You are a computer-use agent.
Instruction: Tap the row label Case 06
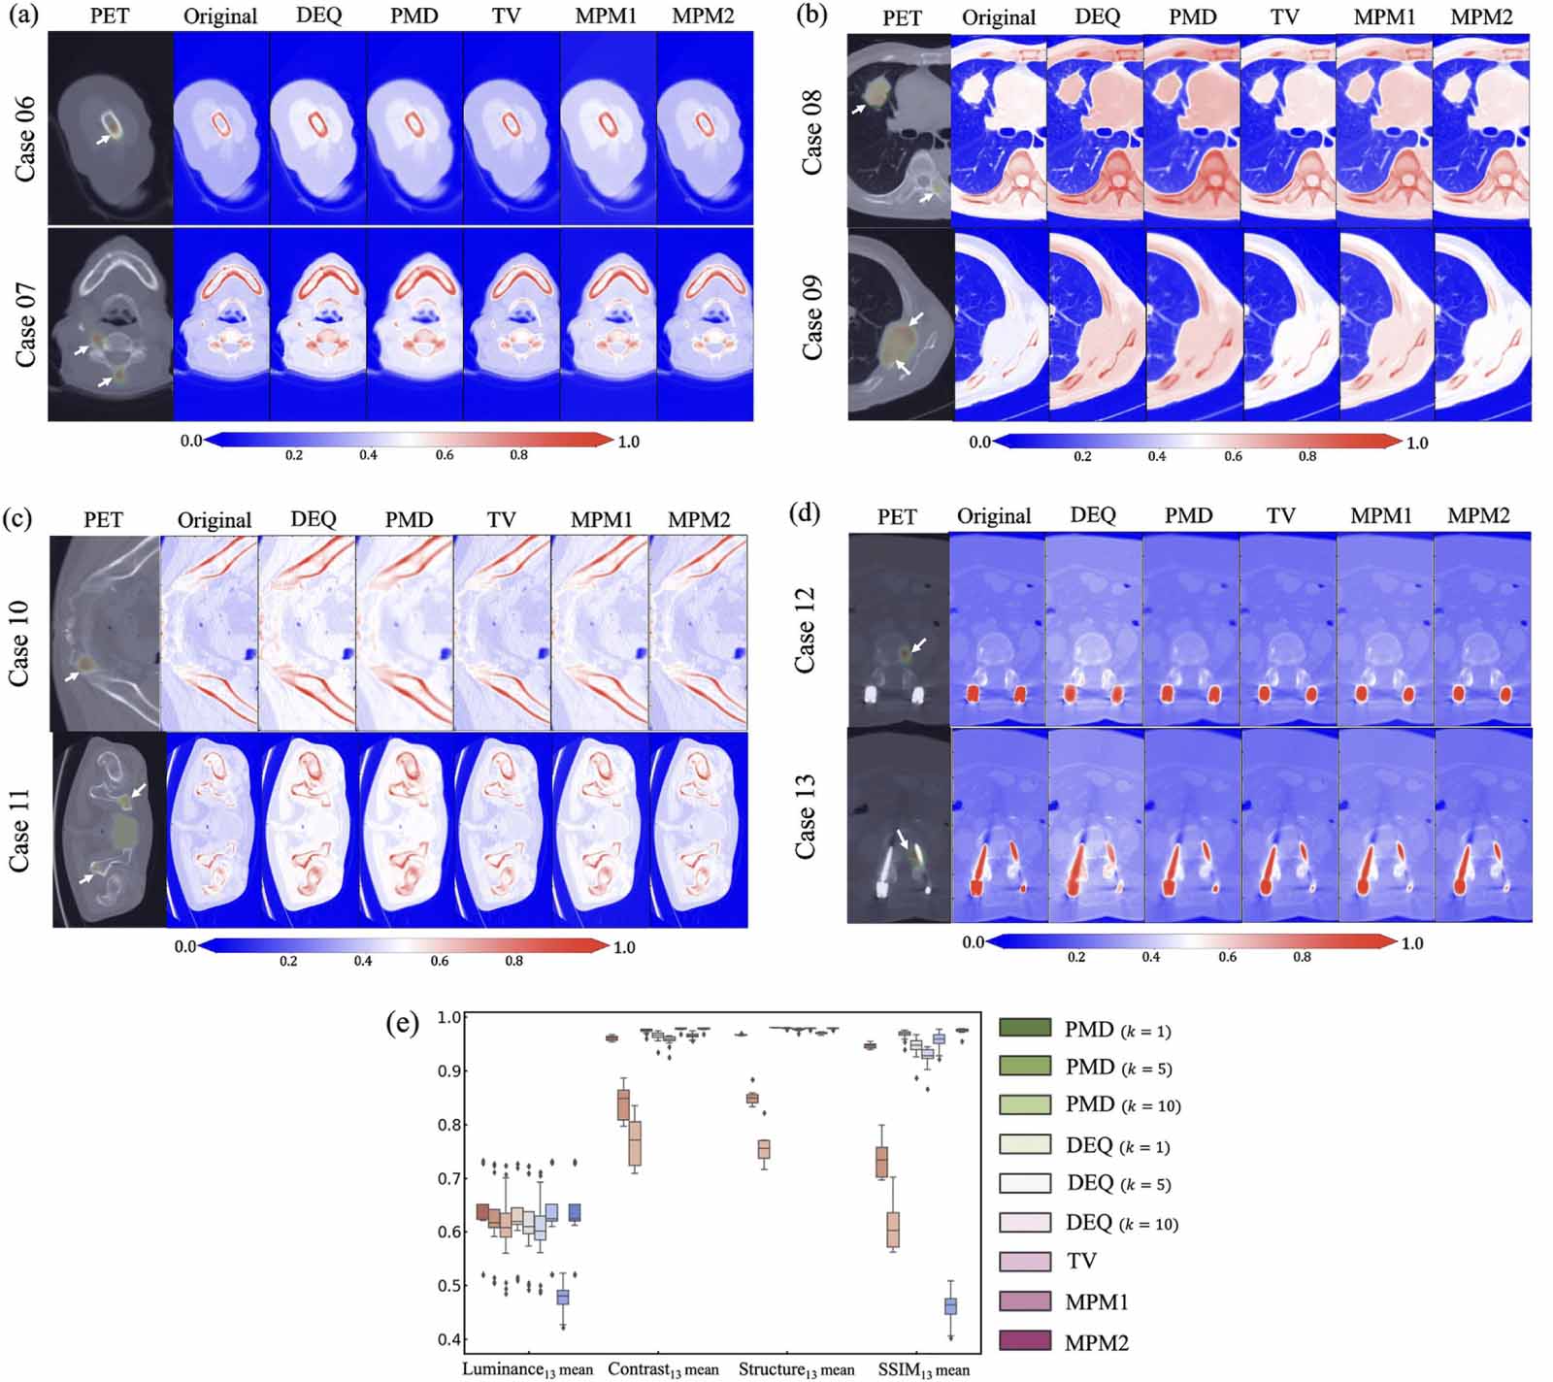25,138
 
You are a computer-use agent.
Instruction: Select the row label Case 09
811,317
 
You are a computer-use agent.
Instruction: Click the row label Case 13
805,816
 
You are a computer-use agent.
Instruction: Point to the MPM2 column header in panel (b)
1481,16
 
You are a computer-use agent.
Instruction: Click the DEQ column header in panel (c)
313,519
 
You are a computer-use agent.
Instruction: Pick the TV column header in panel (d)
1280,515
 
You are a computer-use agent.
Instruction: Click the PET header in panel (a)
110,16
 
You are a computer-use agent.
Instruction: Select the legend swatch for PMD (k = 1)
1025,1028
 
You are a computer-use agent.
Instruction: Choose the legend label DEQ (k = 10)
1121,1223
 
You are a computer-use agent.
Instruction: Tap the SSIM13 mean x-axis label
923,1369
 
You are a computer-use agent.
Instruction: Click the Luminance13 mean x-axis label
527,1369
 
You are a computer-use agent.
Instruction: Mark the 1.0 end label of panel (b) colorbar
1417,443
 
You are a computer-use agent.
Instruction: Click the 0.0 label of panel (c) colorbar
184,946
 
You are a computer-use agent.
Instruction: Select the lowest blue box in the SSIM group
950,1306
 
